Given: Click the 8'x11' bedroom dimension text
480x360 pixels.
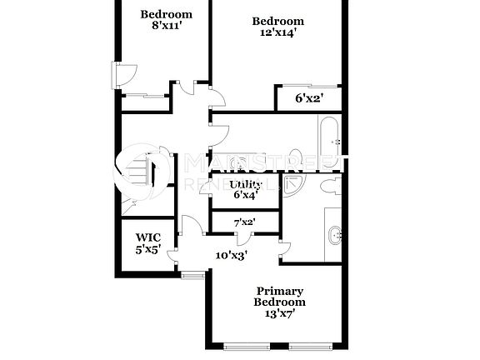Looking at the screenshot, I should (166, 27).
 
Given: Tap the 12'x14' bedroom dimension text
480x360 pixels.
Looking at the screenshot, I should (278, 34).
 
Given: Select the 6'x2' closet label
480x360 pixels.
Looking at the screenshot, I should (309, 99).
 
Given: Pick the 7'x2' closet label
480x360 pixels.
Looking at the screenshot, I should (244, 222).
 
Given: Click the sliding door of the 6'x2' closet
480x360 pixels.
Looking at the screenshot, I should (309, 86).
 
